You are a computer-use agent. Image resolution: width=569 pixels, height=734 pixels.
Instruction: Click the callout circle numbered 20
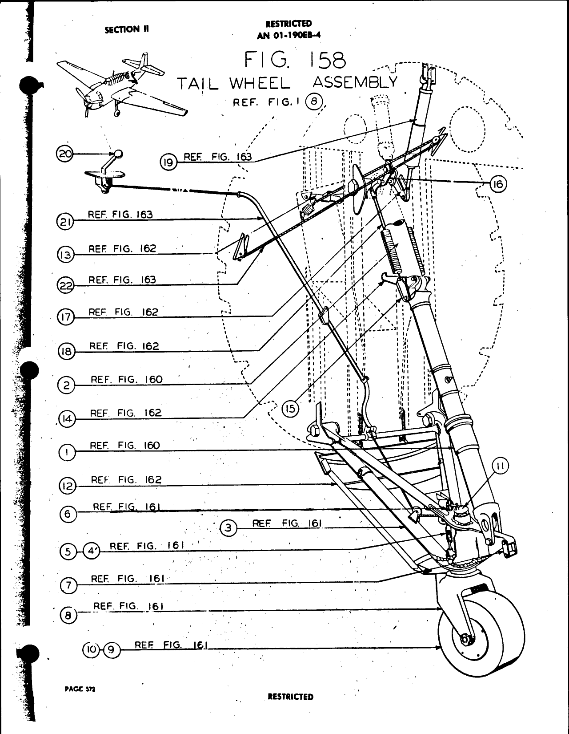click(x=64, y=154)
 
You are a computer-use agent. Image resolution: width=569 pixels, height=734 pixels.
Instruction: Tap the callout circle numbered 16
click(x=498, y=183)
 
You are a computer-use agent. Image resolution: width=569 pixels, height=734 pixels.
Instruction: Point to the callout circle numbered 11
click(x=501, y=467)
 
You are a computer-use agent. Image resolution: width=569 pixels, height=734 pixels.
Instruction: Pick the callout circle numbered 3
click(x=228, y=528)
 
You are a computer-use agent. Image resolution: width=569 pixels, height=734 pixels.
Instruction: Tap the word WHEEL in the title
click(x=260, y=83)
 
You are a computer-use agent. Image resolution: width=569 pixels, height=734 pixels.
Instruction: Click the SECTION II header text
click(x=126, y=29)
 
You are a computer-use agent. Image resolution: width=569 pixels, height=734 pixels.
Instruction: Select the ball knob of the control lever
click(x=118, y=154)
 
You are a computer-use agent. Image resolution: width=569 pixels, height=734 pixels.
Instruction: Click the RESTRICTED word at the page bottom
click(x=291, y=697)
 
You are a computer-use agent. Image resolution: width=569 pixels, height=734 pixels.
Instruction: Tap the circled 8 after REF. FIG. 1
click(x=314, y=102)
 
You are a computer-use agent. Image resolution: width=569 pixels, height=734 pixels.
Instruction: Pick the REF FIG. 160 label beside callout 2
click(x=127, y=379)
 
